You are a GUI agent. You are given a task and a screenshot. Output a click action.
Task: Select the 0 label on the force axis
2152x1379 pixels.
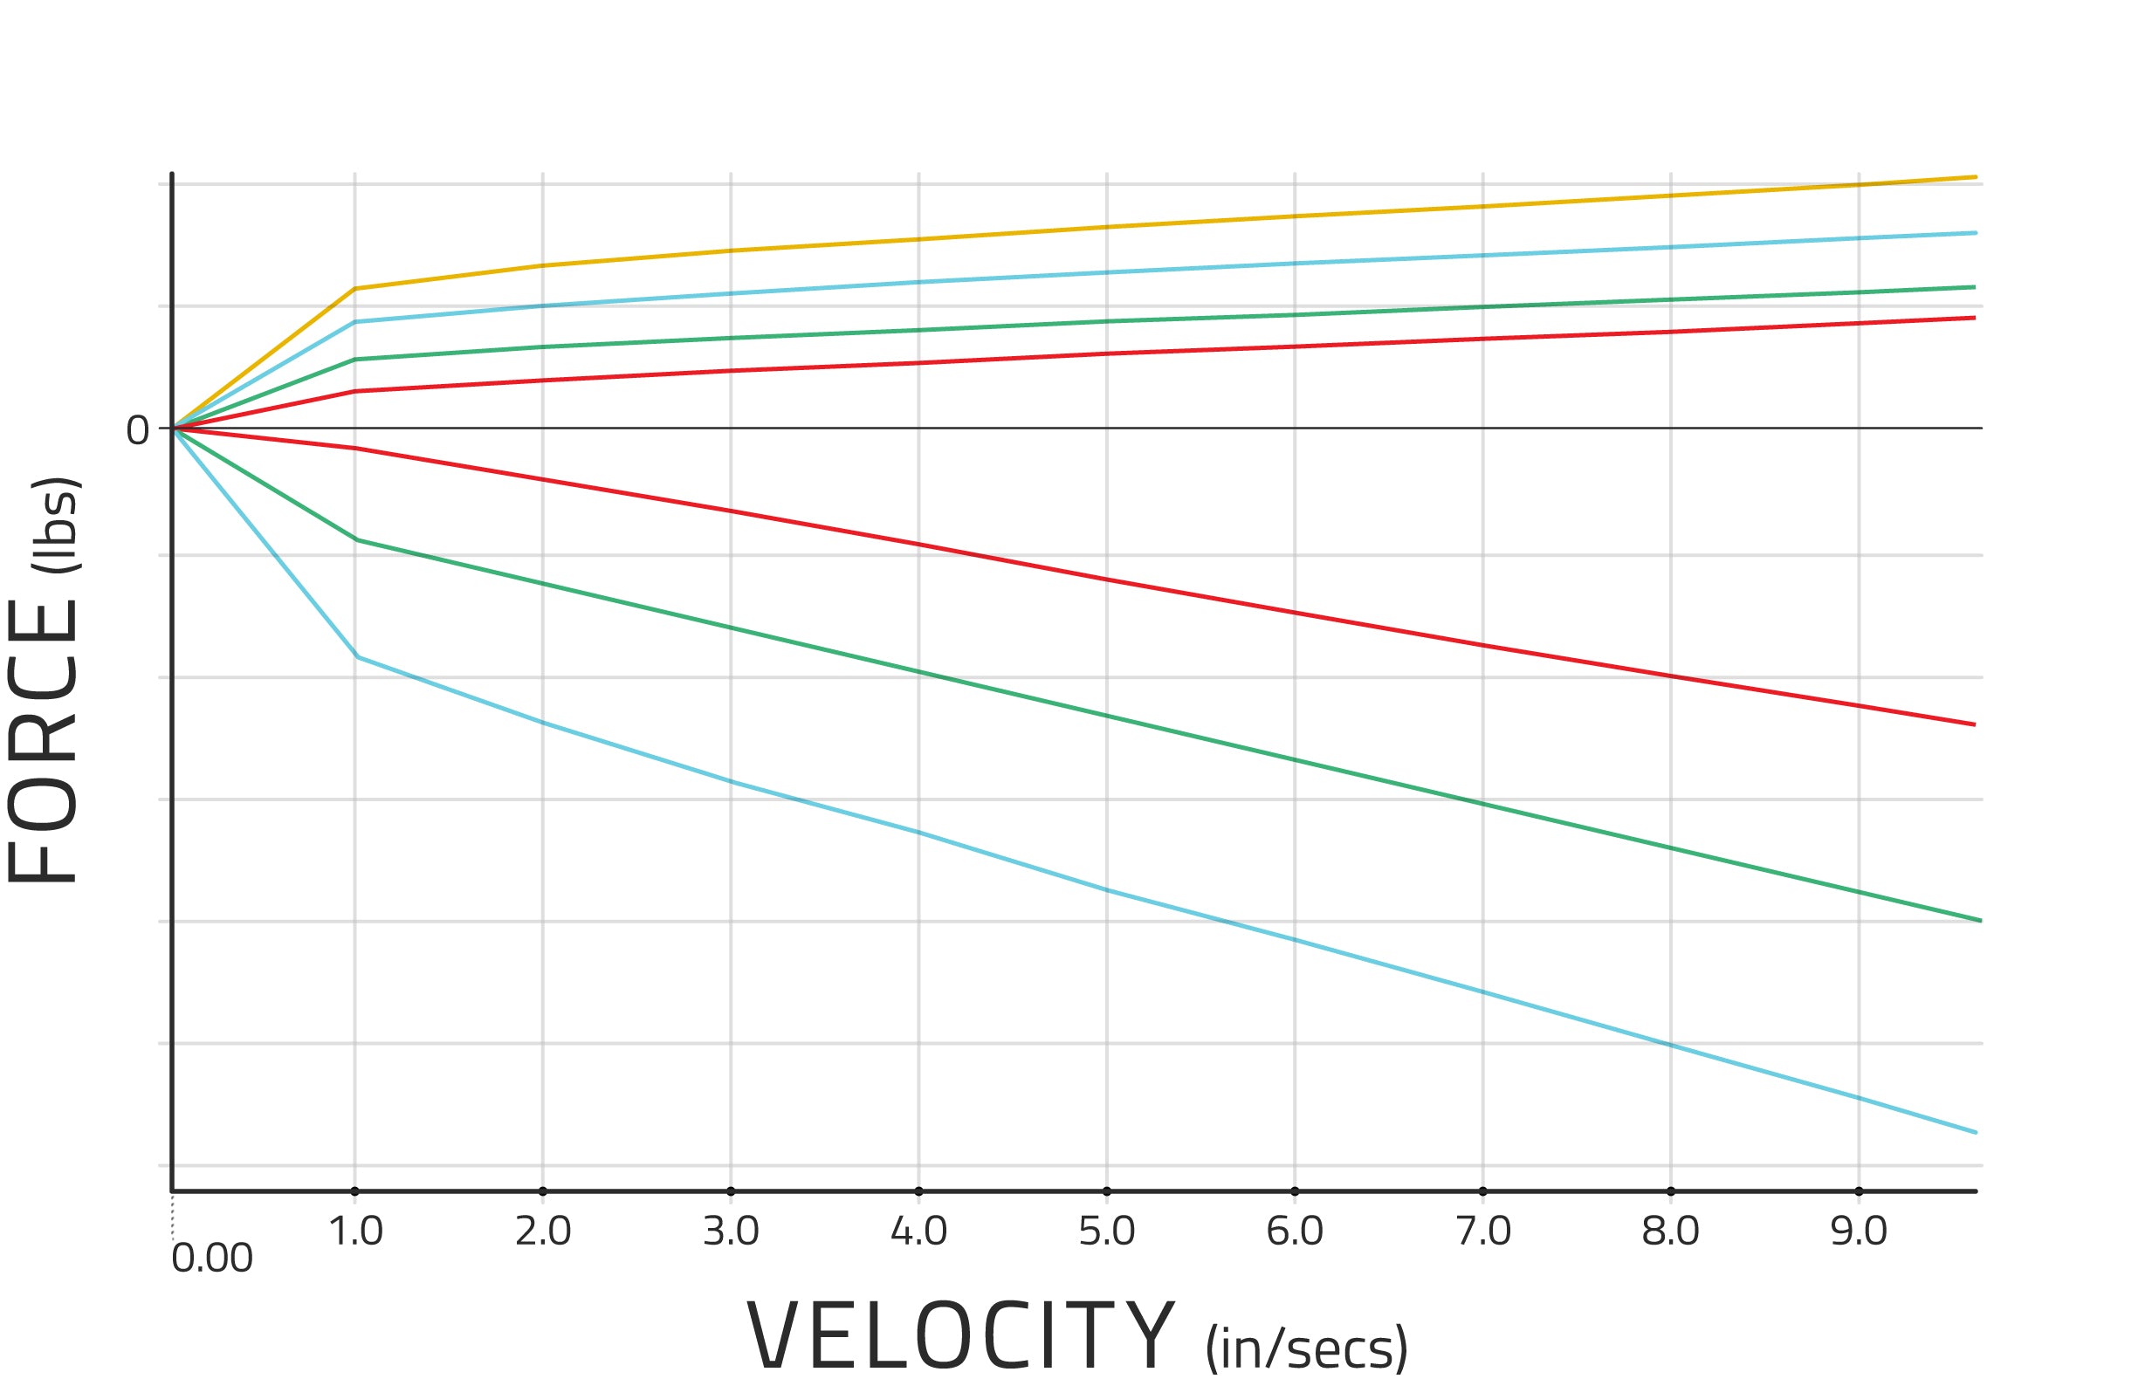point(137,430)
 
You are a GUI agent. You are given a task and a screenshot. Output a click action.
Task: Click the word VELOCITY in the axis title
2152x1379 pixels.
point(960,1337)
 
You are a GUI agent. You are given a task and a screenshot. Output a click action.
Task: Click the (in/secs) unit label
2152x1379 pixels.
point(1307,1348)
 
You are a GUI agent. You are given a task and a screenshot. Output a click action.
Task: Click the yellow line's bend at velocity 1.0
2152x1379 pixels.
point(355,288)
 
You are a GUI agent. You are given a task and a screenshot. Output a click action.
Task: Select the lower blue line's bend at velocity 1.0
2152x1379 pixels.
point(357,657)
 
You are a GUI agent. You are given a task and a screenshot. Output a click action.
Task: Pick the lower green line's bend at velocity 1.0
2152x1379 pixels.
point(356,540)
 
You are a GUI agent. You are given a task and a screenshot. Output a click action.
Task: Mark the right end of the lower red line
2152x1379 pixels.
point(1974,724)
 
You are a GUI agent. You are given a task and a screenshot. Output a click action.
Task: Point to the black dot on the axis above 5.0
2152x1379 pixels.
point(1107,1192)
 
